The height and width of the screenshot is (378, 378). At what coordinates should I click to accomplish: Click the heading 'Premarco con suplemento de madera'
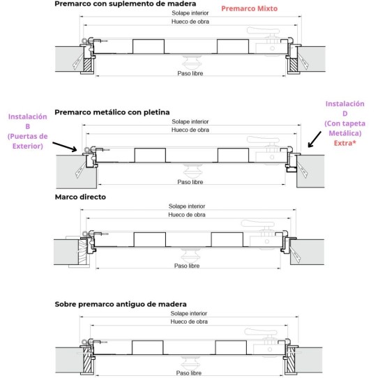125,4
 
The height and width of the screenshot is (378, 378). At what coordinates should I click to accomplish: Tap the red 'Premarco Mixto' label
249,8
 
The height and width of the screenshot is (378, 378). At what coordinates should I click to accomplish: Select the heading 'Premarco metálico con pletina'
112,112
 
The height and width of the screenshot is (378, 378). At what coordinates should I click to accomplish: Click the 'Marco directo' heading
80,197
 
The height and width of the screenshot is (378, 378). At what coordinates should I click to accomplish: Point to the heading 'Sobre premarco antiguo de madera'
121,304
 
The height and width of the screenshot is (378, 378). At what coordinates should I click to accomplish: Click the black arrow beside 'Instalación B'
65,147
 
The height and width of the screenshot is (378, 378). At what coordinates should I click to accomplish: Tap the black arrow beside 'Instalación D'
315,139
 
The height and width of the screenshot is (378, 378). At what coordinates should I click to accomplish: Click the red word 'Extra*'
345,143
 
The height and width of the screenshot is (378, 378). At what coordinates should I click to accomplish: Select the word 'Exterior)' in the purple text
28,146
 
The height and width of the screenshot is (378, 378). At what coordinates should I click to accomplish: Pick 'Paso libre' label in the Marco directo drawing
187,266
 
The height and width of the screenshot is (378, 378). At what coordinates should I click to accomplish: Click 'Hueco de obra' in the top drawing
190,22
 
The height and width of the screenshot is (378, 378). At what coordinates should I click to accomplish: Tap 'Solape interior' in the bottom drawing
189,313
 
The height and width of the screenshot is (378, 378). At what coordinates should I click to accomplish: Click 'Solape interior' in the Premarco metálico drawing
190,122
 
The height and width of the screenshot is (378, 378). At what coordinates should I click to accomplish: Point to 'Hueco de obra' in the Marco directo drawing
187,215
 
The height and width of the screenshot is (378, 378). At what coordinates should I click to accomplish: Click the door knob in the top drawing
190,62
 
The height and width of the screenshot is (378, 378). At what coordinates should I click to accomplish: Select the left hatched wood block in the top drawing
87,65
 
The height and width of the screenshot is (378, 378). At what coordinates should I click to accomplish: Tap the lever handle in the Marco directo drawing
258,224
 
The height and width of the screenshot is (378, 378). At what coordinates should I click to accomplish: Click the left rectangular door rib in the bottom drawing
148,347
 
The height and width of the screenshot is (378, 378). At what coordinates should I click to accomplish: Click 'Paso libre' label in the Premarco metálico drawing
190,182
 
